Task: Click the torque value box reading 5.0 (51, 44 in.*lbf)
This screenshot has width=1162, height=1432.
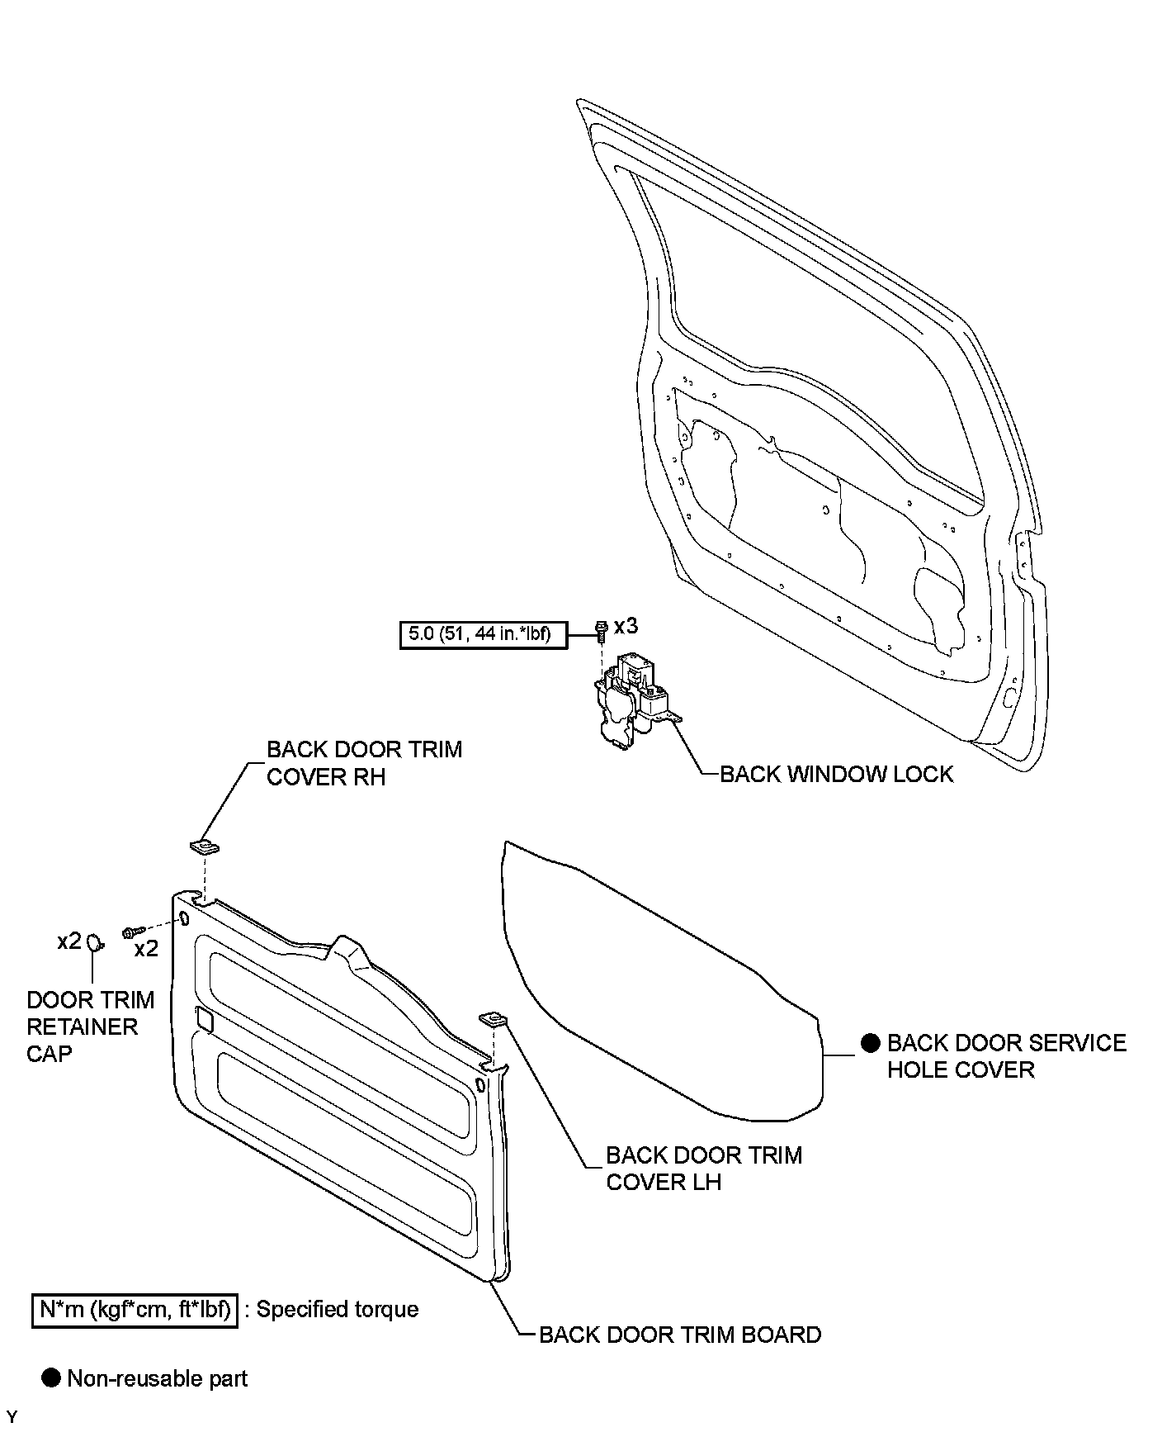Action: (483, 634)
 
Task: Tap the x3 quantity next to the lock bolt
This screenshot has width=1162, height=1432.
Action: (626, 625)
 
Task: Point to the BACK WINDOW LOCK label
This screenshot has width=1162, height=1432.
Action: (836, 774)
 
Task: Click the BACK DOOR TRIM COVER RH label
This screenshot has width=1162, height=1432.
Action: (364, 763)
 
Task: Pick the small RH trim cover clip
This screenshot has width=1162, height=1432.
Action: (204, 846)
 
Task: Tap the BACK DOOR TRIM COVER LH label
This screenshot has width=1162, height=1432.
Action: (703, 1168)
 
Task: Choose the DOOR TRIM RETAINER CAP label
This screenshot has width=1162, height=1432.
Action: (90, 1027)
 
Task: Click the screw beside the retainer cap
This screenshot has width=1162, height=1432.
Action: (133, 932)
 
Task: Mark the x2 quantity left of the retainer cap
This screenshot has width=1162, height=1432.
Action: (69, 941)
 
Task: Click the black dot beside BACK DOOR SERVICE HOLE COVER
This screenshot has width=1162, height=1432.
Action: (870, 1042)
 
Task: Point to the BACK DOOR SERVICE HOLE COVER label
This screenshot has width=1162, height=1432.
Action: (1005, 1055)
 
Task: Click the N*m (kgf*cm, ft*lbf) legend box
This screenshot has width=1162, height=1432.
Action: (135, 1309)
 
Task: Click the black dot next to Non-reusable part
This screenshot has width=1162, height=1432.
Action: (51, 1377)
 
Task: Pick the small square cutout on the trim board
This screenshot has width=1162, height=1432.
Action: (205, 1019)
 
